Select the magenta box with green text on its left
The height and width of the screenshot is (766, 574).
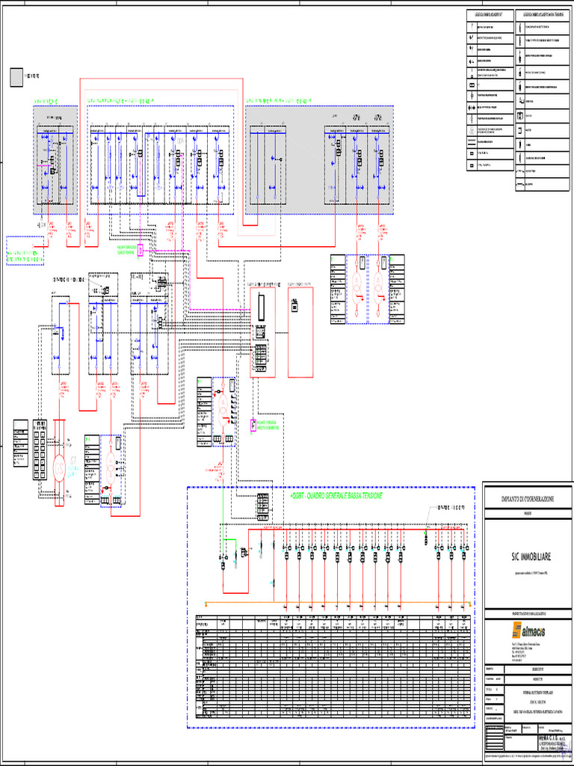(140, 251)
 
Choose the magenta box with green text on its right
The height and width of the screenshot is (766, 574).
(253, 425)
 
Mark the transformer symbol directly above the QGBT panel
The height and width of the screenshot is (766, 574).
(223, 408)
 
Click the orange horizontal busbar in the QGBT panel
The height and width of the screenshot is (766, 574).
(336, 603)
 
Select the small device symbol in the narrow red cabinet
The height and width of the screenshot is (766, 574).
(295, 305)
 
